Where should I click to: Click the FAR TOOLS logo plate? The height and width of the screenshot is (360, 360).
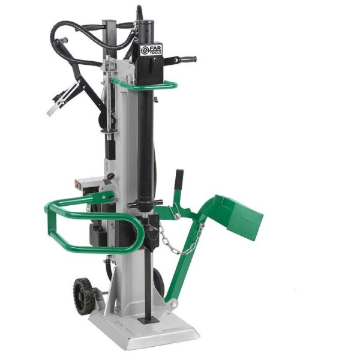pos(151,50)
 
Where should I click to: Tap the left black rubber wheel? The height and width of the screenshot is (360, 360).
pos(84,295)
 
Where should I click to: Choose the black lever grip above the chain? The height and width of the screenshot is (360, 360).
pos(178,180)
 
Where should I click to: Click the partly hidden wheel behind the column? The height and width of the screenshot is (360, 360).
pos(158,282)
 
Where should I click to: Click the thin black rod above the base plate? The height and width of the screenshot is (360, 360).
pos(148,282)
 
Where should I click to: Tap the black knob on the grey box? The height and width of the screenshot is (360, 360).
pos(110,176)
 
